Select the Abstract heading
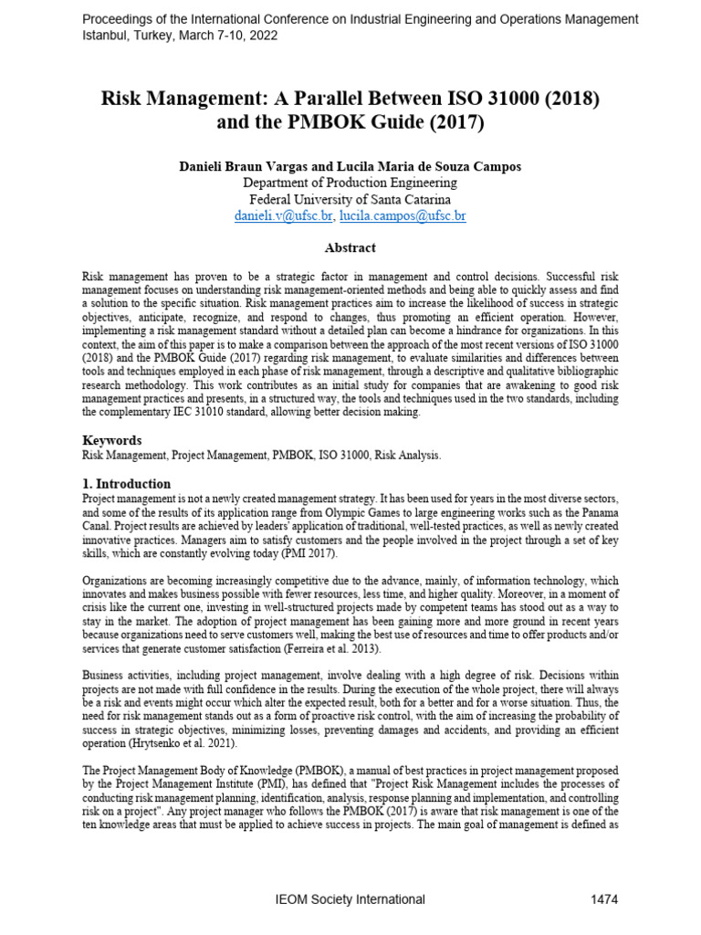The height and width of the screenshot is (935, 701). tap(350, 247)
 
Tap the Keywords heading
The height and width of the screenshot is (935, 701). tap(112, 440)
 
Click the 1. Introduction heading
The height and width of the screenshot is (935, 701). tap(126, 484)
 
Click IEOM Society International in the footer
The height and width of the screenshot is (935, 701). tap(350, 899)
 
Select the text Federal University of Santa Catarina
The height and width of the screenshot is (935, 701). tap(350, 200)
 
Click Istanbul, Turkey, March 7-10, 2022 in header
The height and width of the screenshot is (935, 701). tap(181, 36)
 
